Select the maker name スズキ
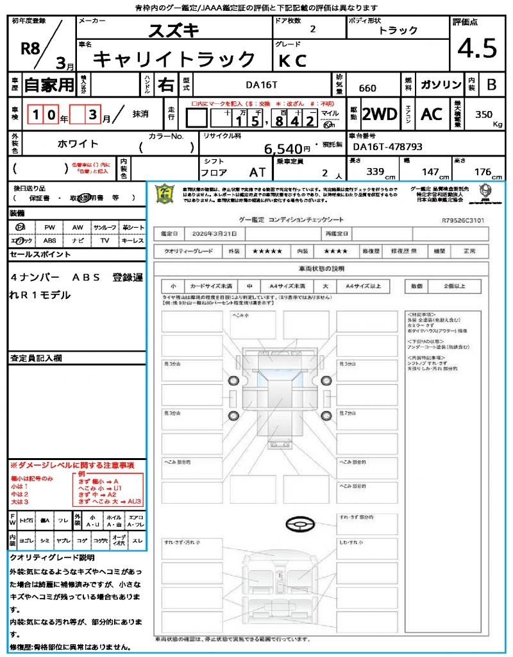coord(174,30)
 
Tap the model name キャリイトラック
coord(174,59)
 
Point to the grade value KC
coord(292,60)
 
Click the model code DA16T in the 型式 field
coord(262,84)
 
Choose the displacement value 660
coord(368,88)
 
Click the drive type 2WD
coord(379,114)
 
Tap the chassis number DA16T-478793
coord(388,147)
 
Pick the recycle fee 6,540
coord(283,149)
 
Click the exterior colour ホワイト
coord(78,144)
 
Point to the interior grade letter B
coord(491,85)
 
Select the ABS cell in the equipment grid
coord(49,241)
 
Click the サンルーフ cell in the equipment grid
coord(105,227)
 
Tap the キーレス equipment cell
coord(133,241)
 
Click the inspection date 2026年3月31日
coord(223,234)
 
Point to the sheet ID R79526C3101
coord(463,220)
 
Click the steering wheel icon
coord(299,525)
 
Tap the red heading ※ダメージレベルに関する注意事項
coord(72,465)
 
